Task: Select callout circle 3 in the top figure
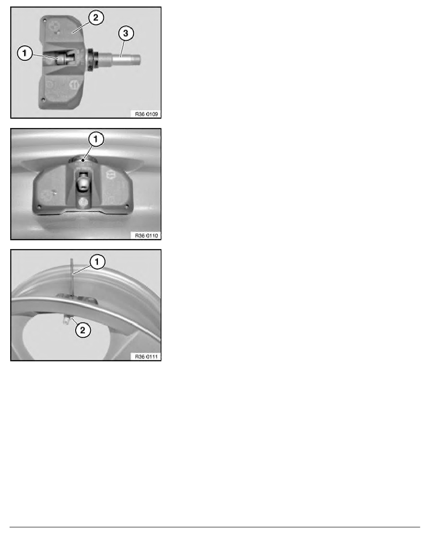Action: [125, 34]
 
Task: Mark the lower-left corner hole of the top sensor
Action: [43, 100]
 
